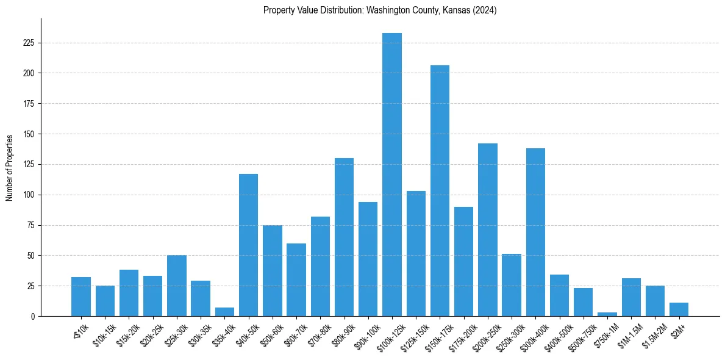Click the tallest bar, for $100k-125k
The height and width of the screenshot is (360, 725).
(392, 175)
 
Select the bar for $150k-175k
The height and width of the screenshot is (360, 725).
(440, 190)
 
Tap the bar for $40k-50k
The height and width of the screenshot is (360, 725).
(248, 245)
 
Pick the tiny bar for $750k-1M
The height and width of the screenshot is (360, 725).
(607, 314)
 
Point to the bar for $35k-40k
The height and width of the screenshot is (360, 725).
(224, 312)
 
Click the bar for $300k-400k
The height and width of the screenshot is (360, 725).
(535, 232)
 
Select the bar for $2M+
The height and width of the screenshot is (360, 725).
(679, 309)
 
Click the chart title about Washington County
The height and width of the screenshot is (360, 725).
(380, 10)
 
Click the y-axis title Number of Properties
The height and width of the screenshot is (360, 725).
(10, 167)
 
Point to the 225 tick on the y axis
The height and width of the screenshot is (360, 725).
(29, 43)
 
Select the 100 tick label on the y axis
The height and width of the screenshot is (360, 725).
(29, 195)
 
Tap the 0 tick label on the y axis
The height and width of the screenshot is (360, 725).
(33, 316)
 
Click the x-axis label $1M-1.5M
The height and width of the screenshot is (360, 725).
(628, 335)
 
